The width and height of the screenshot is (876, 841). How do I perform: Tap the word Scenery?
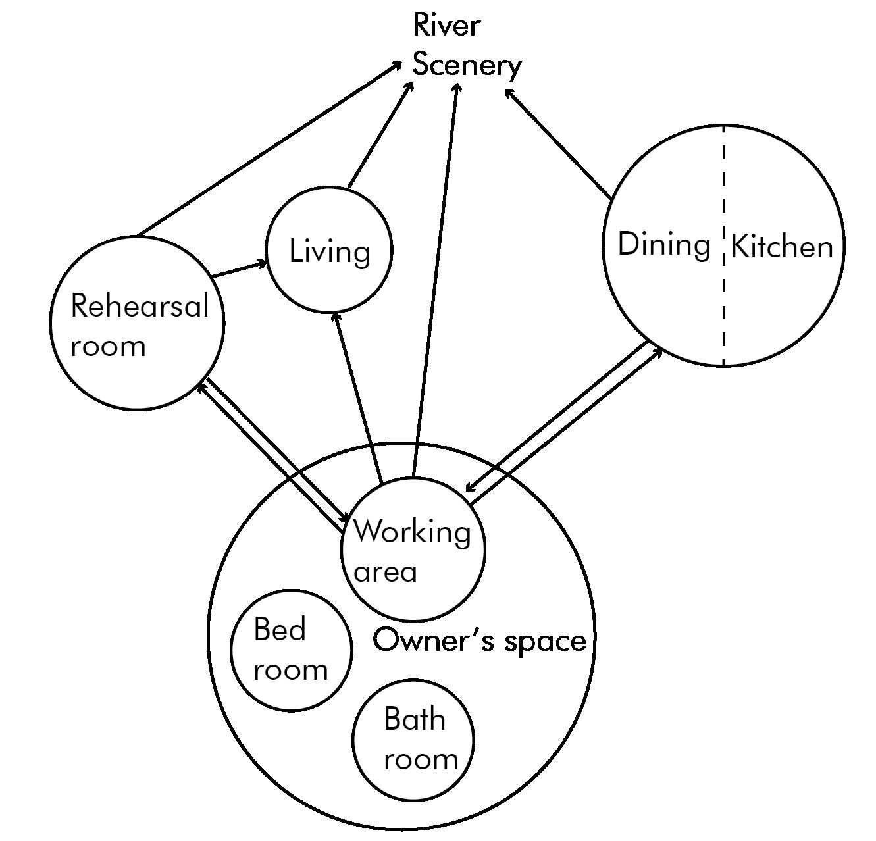pos(467,66)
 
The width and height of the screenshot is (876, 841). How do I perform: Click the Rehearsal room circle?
pos(138,355)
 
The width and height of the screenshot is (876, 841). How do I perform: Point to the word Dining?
pos(663,244)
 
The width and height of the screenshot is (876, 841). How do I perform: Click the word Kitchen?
pos(782,247)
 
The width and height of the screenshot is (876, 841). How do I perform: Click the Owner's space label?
pos(479,640)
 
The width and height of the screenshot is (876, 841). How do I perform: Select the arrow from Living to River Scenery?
pos(380,135)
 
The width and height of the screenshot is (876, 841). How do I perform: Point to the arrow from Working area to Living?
pos(359,398)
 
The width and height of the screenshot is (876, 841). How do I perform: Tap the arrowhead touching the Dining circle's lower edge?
pos(659,351)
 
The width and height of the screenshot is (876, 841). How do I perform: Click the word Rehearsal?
pos(139,306)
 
